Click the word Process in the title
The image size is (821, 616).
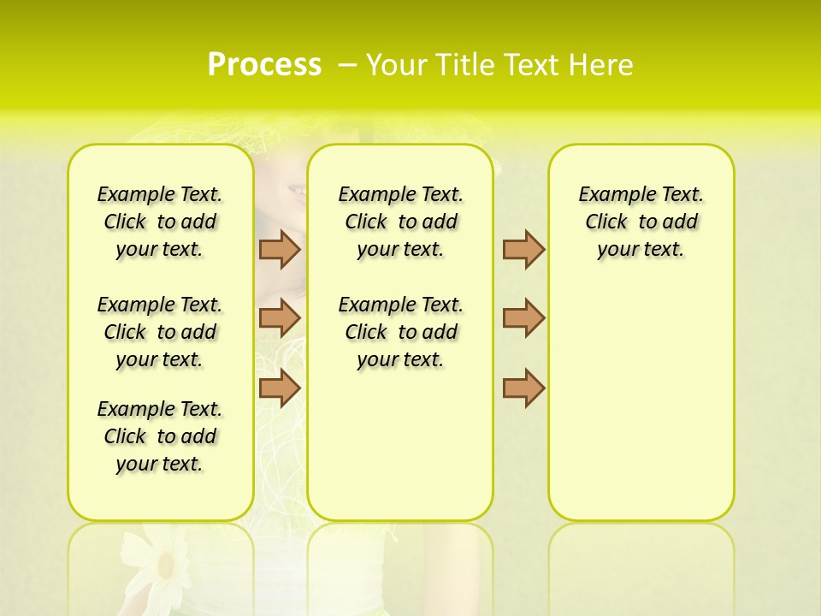coord(264,65)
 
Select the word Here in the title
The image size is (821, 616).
coord(602,65)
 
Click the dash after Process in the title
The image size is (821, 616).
coord(347,66)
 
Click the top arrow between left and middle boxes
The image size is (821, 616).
coord(280,249)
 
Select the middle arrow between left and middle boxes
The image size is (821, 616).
coord(280,318)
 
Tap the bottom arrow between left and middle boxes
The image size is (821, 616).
coord(280,388)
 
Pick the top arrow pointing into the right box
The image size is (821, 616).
coord(523,249)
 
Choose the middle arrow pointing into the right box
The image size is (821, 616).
coord(523,318)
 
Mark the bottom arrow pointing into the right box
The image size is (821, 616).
coord(523,388)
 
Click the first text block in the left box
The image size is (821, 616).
coord(160,222)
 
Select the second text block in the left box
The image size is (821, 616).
coord(160,332)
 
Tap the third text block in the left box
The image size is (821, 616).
coord(160,436)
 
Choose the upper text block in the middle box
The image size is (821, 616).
coord(400,222)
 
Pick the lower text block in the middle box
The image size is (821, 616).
coord(400,332)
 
